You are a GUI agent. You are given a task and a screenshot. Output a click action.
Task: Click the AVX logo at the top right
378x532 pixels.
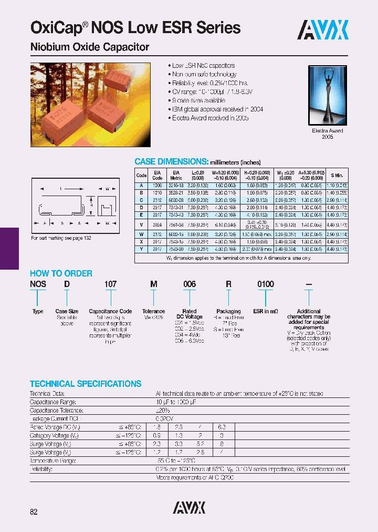[x=323, y=30]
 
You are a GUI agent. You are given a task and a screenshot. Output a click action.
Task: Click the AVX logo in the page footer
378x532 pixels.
[x=189, y=507]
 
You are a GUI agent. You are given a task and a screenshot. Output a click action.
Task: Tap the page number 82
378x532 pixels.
[x=34, y=511]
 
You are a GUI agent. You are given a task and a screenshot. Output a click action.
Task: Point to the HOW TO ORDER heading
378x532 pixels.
[x=61, y=273]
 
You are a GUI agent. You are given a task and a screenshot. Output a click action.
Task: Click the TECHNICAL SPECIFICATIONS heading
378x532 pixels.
[x=86, y=384]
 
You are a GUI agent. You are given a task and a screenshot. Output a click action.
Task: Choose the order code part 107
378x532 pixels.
[x=110, y=284]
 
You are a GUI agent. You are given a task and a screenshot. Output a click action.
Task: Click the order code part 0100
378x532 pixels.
[x=266, y=284]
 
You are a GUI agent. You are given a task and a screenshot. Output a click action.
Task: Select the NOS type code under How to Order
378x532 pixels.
[x=38, y=284]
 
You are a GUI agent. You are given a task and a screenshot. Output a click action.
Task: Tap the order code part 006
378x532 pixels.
[x=189, y=284]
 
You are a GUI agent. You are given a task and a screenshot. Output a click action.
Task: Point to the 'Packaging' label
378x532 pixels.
[x=228, y=312]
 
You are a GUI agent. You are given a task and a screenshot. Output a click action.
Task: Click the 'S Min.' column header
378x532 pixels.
[x=337, y=175]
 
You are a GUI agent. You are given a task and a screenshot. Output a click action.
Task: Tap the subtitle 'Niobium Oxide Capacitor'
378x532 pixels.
[x=90, y=47]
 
